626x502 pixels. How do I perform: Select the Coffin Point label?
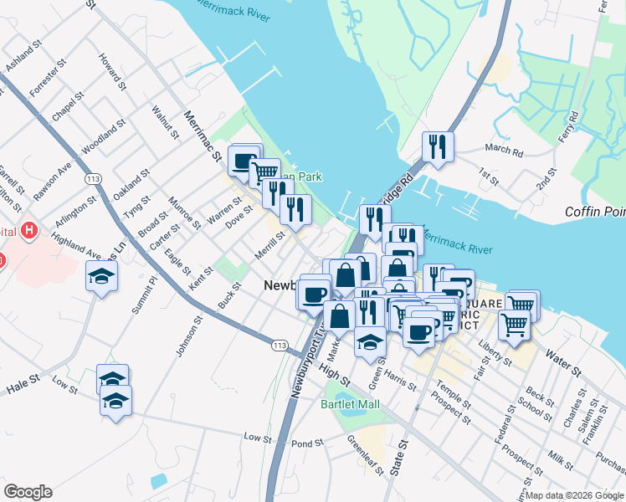click(594, 212)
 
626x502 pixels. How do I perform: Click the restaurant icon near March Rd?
click(438, 147)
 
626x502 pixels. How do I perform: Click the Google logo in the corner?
click(28, 492)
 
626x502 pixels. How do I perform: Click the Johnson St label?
click(190, 336)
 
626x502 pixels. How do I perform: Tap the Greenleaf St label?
click(365, 453)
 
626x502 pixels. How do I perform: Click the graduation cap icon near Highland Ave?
click(102, 275)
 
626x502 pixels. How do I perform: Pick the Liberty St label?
click(495, 350)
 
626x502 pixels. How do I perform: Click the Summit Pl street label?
click(143, 295)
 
